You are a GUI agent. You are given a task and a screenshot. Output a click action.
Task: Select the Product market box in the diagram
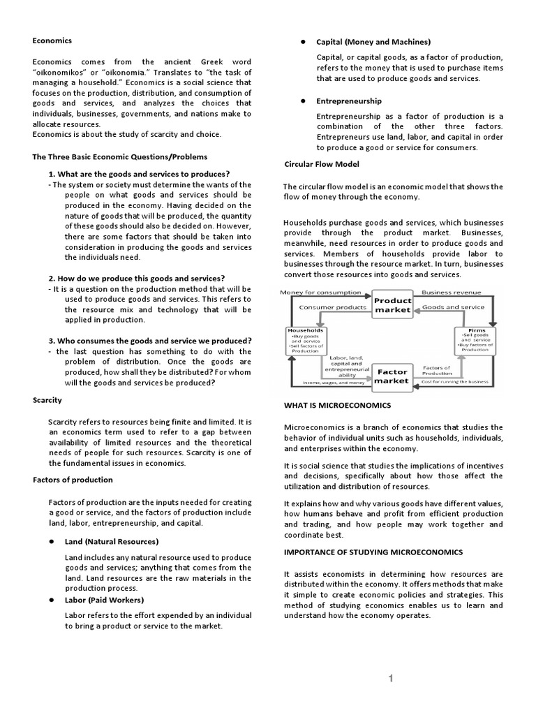pyautogui.click(x=392, y=305)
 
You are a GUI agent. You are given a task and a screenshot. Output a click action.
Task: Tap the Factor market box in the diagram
pyautogui.click(x=392, y=376)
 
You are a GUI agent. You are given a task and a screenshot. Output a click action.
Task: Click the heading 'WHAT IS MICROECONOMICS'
pyautogui.click(x=338, y=405)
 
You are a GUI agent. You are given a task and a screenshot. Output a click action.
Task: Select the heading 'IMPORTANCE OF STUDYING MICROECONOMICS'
pyautogui.click(x=373, y=552)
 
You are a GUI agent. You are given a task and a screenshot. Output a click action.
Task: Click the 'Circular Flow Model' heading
pyautogui.click(x=322, y=164)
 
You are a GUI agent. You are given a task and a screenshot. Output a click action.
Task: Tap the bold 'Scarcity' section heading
pyautogui.click(x=47, y=400)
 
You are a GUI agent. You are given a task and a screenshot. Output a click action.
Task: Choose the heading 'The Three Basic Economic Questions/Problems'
pyautogui.click(x=120, y=156)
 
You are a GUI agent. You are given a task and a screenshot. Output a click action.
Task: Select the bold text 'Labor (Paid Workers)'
pyautogui.click(x=104, y=600)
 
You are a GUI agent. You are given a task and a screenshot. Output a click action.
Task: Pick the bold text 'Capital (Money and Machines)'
pyautogui.click(x=373, y=42)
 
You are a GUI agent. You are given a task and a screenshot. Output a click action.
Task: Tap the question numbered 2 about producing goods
pyautogui.click(x=136, y=278)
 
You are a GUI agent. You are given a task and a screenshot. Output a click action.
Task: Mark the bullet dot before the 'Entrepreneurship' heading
pyautogui.click(x=303, y=101)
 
